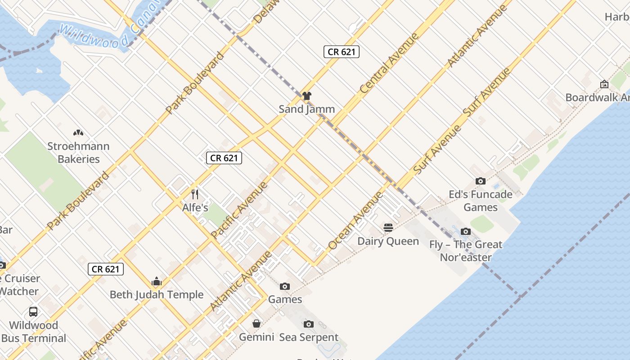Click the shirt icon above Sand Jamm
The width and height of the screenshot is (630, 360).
point(307,96)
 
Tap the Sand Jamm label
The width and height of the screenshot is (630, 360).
point(307,109)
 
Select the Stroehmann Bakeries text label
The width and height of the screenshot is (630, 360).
point(79,153)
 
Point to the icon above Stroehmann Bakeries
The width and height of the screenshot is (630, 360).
point(78,133)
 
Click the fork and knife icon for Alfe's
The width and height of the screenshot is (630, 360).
point(195,194)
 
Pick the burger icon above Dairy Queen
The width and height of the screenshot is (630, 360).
point(388,228)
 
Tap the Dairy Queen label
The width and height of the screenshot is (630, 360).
point(388,241)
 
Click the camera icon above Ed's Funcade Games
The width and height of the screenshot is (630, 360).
point(481,181)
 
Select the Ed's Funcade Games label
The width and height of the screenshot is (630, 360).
point(481,201)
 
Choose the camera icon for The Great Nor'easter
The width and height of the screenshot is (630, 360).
point(466,231)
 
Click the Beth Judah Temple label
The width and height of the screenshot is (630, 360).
point(157,295)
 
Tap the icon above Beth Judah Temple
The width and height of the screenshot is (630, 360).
point(157,282)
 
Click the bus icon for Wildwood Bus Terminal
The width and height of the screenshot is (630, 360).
point(33,311)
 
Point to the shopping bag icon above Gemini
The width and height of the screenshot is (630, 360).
point(256,324)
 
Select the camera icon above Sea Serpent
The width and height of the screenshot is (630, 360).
point(309,324)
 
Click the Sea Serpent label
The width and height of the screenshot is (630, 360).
point(309,337)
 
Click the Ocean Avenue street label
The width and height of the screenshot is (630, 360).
point(355,220)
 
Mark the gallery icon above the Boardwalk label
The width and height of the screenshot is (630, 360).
point(604,84)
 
